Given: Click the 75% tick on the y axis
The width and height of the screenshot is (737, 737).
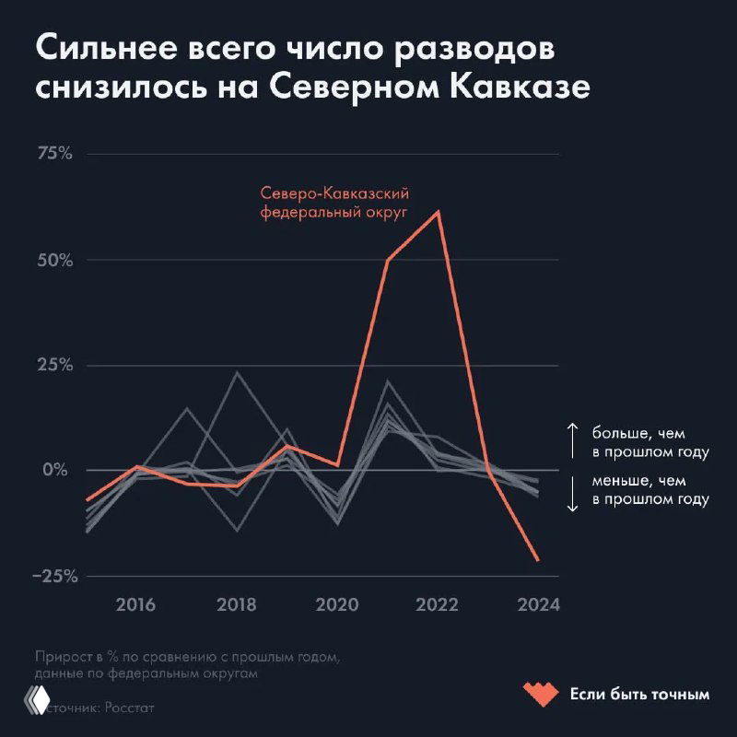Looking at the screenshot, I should point(53,153).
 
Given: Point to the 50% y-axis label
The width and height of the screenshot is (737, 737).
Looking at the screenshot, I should point(53,259).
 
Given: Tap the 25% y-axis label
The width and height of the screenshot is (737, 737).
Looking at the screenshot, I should point(53,365).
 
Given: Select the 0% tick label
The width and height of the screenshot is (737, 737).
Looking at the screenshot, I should point(57,470).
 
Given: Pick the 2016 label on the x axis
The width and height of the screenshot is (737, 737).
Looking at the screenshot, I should point(136,605).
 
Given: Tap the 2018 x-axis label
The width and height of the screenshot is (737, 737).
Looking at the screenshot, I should point(237,605).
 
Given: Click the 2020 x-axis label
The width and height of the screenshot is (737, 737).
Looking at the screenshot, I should point(337,605).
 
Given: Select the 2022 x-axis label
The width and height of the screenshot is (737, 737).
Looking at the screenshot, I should point(438,605).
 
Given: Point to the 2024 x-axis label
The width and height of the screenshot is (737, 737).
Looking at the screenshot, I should point(538,605).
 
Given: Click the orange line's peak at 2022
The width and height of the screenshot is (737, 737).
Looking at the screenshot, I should point(439,212).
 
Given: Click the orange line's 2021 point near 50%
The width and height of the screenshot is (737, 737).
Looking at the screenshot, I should point(388,260).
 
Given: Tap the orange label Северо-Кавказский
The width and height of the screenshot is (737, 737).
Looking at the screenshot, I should point(334,193).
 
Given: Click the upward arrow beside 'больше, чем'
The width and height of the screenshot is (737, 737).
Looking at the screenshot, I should point(571,441).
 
